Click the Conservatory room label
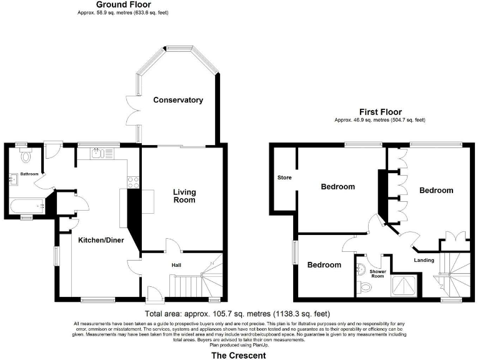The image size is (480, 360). (x=178, y=100)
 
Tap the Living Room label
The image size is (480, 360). (x=184, y=196)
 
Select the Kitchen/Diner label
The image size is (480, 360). (x=100, y=239)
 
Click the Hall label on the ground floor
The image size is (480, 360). (x=177, y=265)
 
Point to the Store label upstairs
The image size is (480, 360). (x=284, y=177)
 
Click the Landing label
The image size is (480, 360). (x=424, y=260)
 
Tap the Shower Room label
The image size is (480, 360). (x=377, y=273)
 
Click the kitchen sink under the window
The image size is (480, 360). (x=100, y=153)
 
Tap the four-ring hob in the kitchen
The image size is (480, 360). (x=132, y=182)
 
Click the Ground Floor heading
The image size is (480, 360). (x=123, y=4)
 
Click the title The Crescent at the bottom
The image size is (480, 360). (x=237, y=355)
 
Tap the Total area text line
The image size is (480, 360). (x=237, y=313)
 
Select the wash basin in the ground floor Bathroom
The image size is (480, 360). (x=13, y=179)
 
